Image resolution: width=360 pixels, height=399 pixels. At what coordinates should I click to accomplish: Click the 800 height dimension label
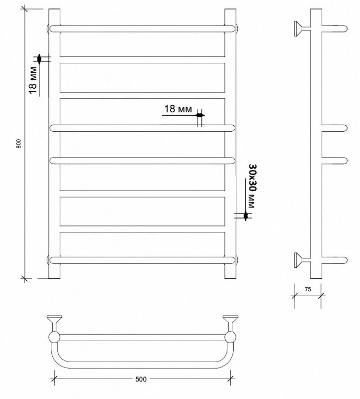tap(18, 144)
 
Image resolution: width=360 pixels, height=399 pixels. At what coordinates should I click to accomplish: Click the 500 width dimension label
tap(141, 379)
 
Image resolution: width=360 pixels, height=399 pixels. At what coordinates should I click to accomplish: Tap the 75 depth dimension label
tap(308, 289)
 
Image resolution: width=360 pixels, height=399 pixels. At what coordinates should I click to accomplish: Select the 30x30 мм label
tap(253, 186)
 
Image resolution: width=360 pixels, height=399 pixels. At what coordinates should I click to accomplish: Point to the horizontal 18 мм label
tap(178, 109)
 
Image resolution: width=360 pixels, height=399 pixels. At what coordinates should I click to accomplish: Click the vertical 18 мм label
tap(33, 80)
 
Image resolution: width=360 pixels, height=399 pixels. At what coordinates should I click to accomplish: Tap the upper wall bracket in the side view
tap(303, 29)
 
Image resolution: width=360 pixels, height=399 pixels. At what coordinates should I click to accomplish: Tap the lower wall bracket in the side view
tap(303, 260)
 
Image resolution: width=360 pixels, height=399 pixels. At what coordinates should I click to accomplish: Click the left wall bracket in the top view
tap(54, 323)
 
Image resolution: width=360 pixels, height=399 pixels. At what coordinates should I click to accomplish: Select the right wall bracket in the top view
tap(230, 323)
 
